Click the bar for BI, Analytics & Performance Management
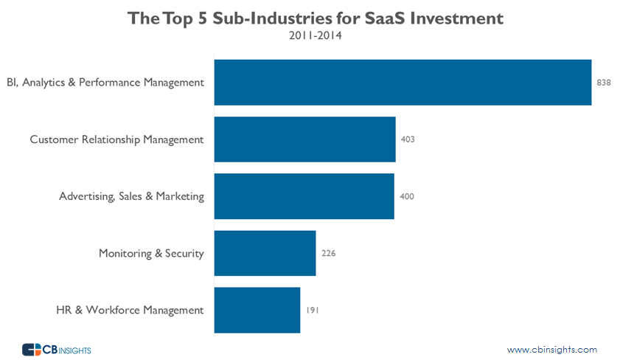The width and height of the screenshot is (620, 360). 403,82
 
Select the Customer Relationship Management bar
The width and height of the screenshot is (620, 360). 304,139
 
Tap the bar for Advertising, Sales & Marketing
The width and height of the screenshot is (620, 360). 304,196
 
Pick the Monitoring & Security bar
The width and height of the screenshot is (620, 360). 265,253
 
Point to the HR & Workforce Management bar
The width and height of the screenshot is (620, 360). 257,310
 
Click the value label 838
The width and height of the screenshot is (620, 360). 604,83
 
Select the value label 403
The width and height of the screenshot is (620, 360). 408,139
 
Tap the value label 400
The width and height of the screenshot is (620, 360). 406,196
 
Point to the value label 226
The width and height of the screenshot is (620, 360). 328,253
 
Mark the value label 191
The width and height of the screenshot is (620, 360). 313,311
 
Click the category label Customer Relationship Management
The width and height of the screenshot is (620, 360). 116,139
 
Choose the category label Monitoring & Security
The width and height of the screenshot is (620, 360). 151,254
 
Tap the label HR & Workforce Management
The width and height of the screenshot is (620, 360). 130,311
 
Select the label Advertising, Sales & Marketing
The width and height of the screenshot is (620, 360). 131,196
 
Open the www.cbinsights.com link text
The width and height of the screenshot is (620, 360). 552,350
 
